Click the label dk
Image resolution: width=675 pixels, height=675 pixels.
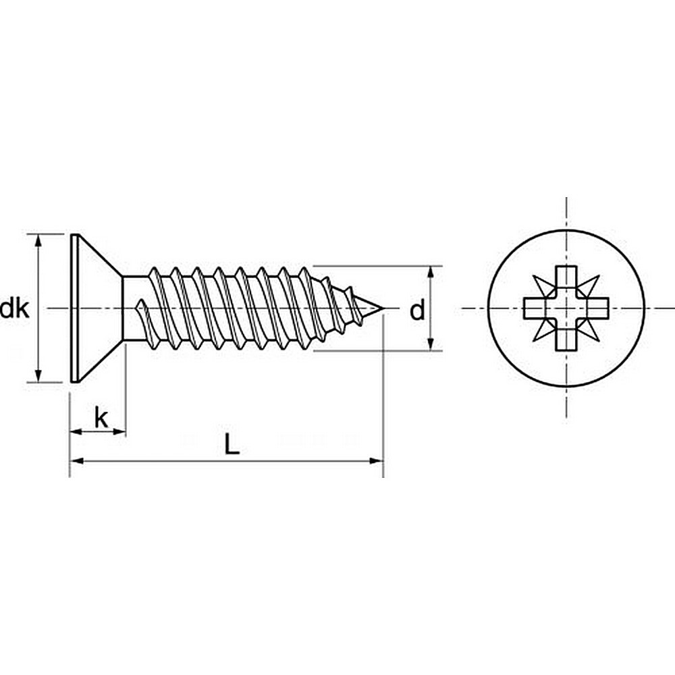(14, 310)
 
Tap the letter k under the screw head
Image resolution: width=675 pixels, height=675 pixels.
(101, 418)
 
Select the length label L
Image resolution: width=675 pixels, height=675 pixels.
(232, 445)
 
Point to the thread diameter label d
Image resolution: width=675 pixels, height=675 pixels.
(418, 310)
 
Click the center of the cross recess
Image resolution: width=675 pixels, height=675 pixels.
(566, 308)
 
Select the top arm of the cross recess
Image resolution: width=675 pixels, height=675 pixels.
(566, 278)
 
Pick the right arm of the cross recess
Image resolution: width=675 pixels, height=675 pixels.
(597, 308)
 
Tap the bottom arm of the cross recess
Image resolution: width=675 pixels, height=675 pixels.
(566, 339)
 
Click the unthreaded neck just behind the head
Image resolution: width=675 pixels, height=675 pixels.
(132, 309)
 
